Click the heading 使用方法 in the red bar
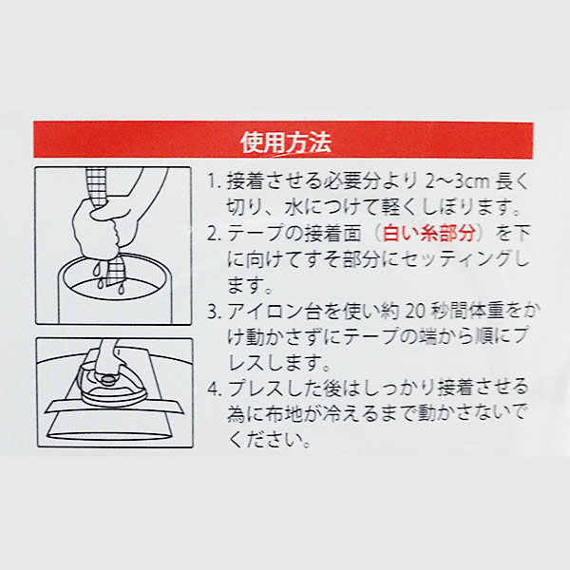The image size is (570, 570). [x=286, y=142]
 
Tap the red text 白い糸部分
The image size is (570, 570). [x=429, y=234]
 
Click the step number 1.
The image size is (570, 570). [x=214, y=181]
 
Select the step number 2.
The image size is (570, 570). [x=214, y=234]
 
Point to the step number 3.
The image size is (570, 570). [x=214, y=312]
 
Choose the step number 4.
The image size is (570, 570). [x=214, y=389]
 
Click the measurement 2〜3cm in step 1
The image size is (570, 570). [x=457, y=181]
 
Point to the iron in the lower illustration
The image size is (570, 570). [x=113, y=385]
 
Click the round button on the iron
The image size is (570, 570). [x=106, y=381]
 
